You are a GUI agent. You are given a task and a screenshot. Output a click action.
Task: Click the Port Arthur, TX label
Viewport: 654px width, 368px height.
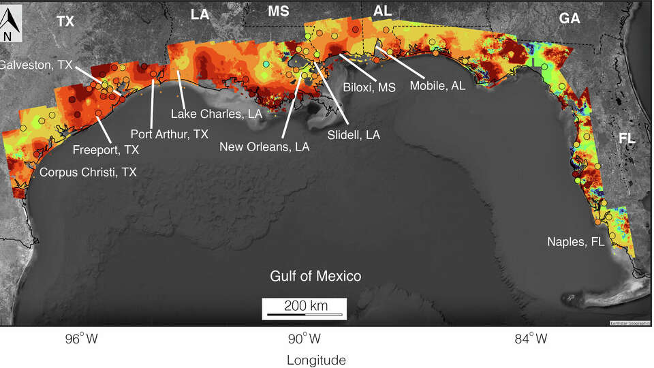169,134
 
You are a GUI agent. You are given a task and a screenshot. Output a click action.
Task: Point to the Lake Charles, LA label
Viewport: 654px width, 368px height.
217,113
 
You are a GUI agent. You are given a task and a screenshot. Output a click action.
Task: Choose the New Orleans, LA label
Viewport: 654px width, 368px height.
264,147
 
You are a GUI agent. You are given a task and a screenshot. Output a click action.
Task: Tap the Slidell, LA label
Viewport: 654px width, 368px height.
354,135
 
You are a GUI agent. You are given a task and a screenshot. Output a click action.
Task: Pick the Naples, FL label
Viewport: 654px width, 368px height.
576,242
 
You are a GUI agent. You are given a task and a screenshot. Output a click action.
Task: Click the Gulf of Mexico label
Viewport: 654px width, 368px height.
315,276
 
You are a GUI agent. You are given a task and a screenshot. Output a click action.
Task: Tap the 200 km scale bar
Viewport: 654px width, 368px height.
305,309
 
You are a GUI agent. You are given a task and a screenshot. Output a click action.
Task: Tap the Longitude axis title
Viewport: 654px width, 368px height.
315,360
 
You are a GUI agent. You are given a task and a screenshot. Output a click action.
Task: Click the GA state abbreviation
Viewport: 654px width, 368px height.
569,19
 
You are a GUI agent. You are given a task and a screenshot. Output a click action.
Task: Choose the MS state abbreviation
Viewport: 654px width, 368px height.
278,12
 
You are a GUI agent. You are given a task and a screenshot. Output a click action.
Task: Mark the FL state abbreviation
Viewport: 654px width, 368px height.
627,138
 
